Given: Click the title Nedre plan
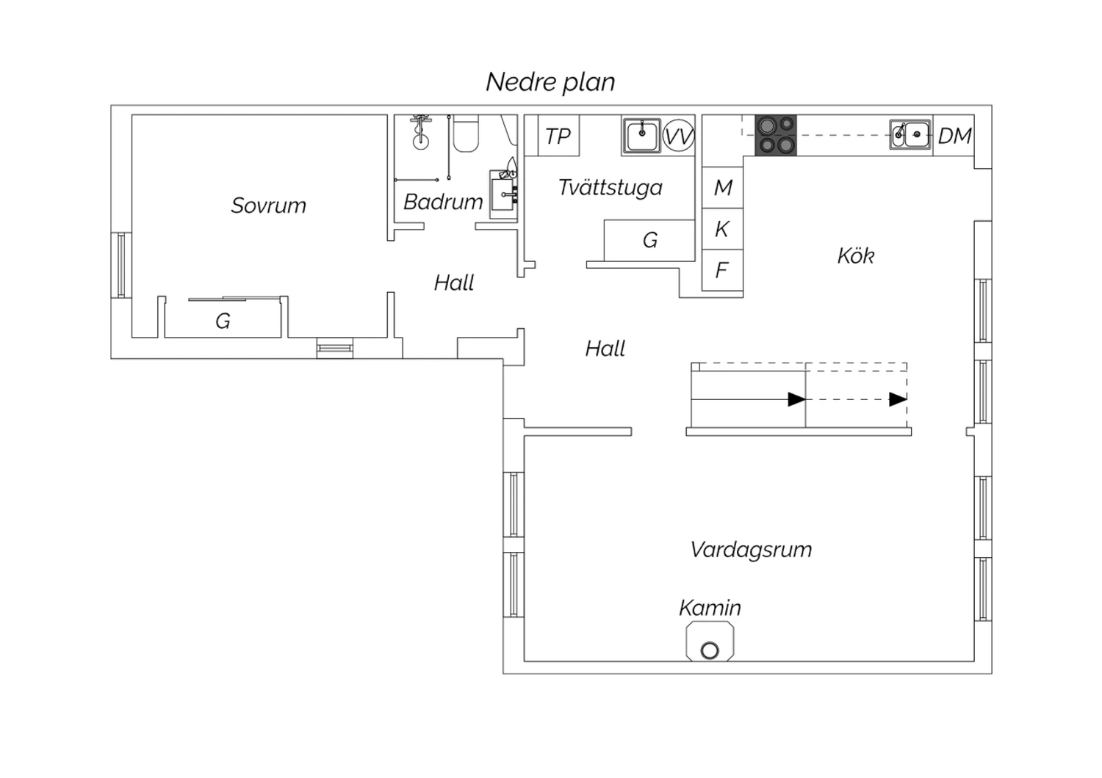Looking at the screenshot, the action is tap(550, 82).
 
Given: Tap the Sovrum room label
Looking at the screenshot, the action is tap(269, 206).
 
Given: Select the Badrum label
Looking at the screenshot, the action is tap(443, 202).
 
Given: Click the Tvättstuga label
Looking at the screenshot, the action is tap(611, 188).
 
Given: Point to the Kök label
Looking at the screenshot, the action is tap(856, 256).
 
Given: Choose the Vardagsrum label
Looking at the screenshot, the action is tap(752, 550).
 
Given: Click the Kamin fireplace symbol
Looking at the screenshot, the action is tap(710, 641).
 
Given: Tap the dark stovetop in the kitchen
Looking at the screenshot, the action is tap(776, 135).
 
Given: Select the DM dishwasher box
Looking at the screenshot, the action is tap(954, 136).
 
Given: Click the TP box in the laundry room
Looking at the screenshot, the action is tap(558, 136).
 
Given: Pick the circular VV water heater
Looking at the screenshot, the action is tap(678, 135).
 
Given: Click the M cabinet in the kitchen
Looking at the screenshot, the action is tap(722, 187).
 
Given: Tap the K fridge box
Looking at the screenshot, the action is tap(722, 229).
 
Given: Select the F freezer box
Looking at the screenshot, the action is tap(722, 270).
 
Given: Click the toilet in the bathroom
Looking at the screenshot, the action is tap(465, 133).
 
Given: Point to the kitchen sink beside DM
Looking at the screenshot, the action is tap(911, 134).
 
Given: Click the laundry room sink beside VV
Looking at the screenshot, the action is tap(641, 135).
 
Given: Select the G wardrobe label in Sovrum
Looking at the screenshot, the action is tap(223, 321).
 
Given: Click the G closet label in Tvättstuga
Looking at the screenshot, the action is tap(650, 240).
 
